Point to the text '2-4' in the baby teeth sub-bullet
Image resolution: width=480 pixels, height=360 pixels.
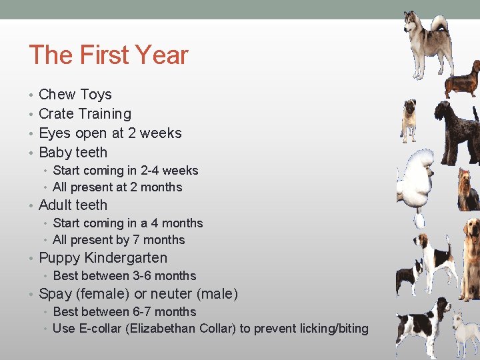[147, 171]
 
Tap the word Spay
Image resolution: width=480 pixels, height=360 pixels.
[55, 294]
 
